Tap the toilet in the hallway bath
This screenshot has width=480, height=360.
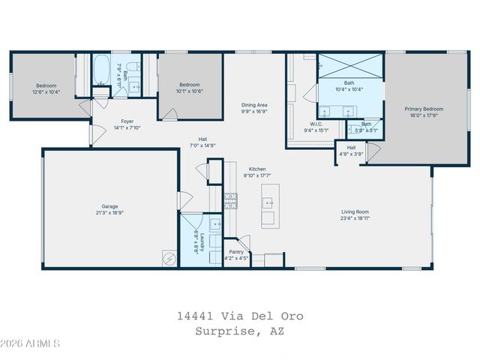(129, 72)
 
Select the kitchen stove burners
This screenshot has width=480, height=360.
(232, 200)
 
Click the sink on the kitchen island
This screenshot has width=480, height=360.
(268, 203)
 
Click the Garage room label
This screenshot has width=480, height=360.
(109, 206)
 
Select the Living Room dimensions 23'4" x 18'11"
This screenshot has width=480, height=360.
(355, 217)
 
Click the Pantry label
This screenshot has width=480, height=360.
(236, 252)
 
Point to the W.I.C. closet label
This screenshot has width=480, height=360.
(316, 124)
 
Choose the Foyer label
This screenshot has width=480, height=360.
(127, 121)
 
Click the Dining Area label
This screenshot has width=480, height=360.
(254, 105)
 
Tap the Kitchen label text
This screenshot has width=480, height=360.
(257, 169)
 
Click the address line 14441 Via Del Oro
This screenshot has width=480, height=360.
(240, 316)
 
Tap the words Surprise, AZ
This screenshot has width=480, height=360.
(240, 330)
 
